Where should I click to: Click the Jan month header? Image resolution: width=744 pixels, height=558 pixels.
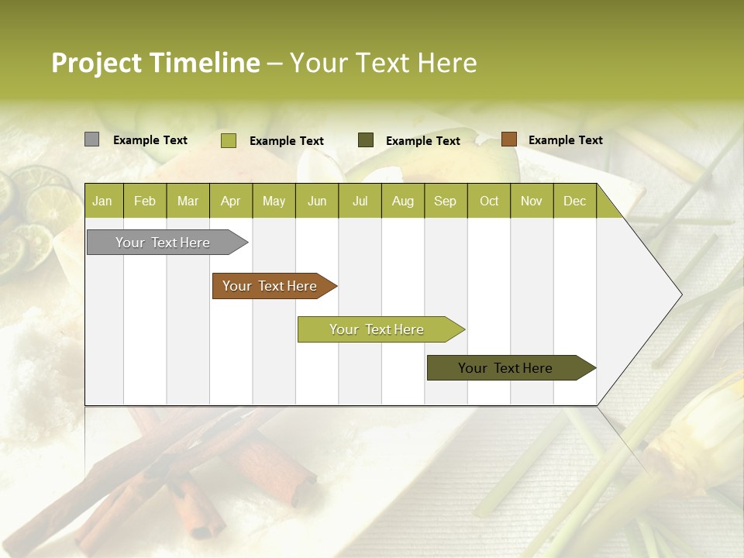pyautogui.click(x=102, y=201)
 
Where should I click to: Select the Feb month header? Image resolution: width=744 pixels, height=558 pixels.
pyautogui.click(x=145, y=201)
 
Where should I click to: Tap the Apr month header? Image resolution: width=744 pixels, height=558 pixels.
pyautogui.click(x=230, y=201)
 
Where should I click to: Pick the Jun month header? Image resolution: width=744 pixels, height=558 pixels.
pyautogui.click(x=317, y=201)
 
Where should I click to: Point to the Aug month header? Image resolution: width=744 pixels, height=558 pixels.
pyautogui.click(x=402, y=201)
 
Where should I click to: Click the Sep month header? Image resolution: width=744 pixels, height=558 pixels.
pyautogui.click(x=445, y=201)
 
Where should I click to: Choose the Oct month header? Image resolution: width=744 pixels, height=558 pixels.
pyautogui.click(x=489, y=201)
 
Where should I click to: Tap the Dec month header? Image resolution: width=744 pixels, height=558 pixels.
pyautogui.click(x=574, y=201)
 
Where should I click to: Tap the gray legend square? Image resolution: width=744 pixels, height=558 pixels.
pyautogui.click(x=91, y=139)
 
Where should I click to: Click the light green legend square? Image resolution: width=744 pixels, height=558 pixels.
pyautogui.click(x=228, y=140)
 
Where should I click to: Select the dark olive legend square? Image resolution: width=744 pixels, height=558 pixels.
pyautogui.click(x=366, y=140)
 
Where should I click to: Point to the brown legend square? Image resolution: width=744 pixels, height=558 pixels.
pyautogui.click(x=508, y=139)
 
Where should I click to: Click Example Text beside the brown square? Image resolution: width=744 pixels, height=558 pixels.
pyautogui.click(x=565, y=140)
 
